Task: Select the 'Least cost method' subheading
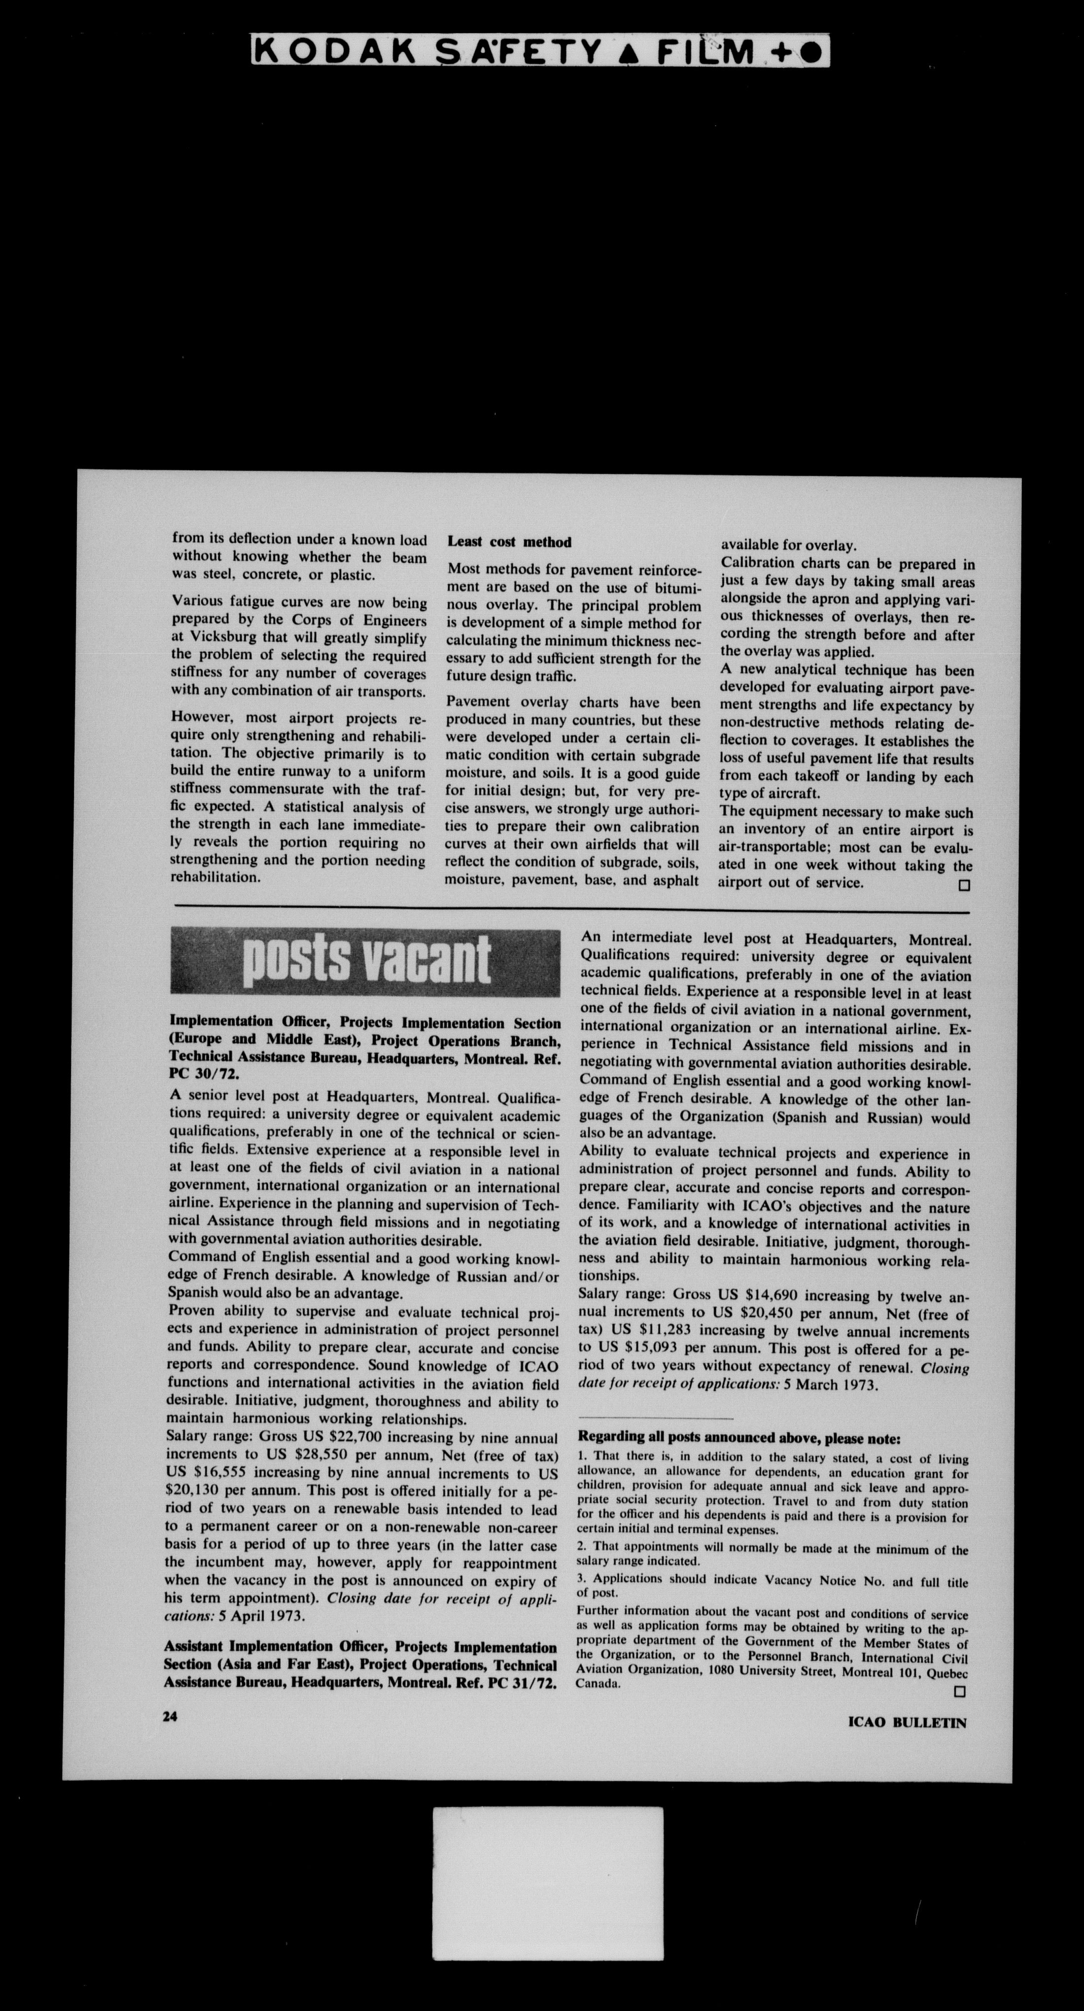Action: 509,542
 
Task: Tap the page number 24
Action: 170,1716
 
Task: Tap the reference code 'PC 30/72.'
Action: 204,1074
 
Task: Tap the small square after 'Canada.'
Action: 960,1691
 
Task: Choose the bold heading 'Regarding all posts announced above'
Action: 738,1438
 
